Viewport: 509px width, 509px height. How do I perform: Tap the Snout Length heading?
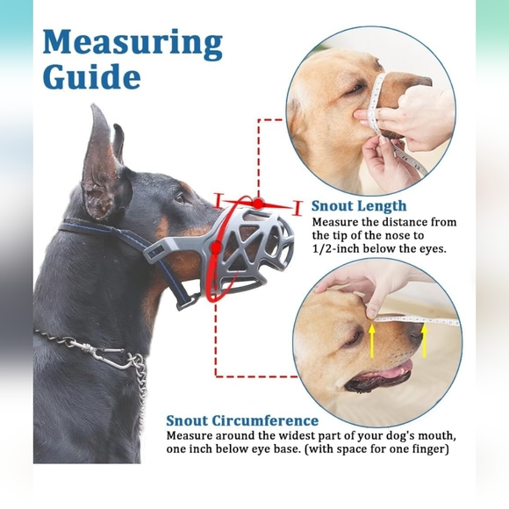(359, 206)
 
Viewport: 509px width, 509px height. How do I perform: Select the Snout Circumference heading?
(242, 420)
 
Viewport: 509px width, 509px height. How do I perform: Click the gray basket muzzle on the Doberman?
(249, 247)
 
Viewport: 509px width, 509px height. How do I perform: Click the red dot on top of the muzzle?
(259, 203)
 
